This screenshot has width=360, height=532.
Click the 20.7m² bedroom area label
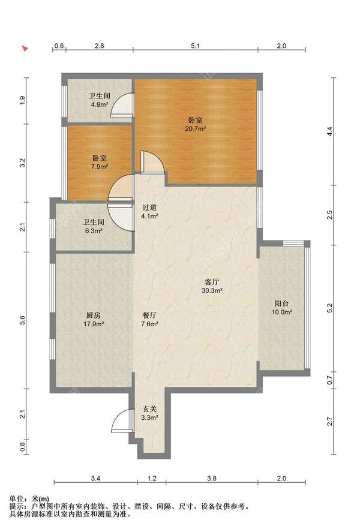tap(196, 124)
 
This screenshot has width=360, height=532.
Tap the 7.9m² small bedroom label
tap(100, 162)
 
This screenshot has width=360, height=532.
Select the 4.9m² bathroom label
tap(100, 100)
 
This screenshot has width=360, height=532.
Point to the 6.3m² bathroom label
tap(94, 226)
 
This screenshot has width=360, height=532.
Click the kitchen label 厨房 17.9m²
tap(94, 319)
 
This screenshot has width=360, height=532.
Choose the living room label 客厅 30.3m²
tap(212, 286)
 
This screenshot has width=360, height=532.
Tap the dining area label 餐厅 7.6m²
tap(149, 319)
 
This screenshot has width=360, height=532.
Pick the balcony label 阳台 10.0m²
tap(282, 308)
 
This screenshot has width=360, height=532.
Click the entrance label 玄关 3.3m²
tap(149, 413)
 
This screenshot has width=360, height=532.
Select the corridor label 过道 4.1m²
tap(149, 211)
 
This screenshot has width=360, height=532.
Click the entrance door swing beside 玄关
tap(121, 420)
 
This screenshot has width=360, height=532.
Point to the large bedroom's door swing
tap(152, 163)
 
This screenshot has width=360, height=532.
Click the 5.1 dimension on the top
tap(196, 46)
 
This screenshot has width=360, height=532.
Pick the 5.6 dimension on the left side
tap(22, 320)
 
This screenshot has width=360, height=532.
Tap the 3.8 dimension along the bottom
tap(212, 479)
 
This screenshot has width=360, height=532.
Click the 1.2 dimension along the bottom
tap(152, 479)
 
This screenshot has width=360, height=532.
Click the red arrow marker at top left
tap(25, 48)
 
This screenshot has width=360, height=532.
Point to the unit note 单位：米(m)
tap(29, 499)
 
